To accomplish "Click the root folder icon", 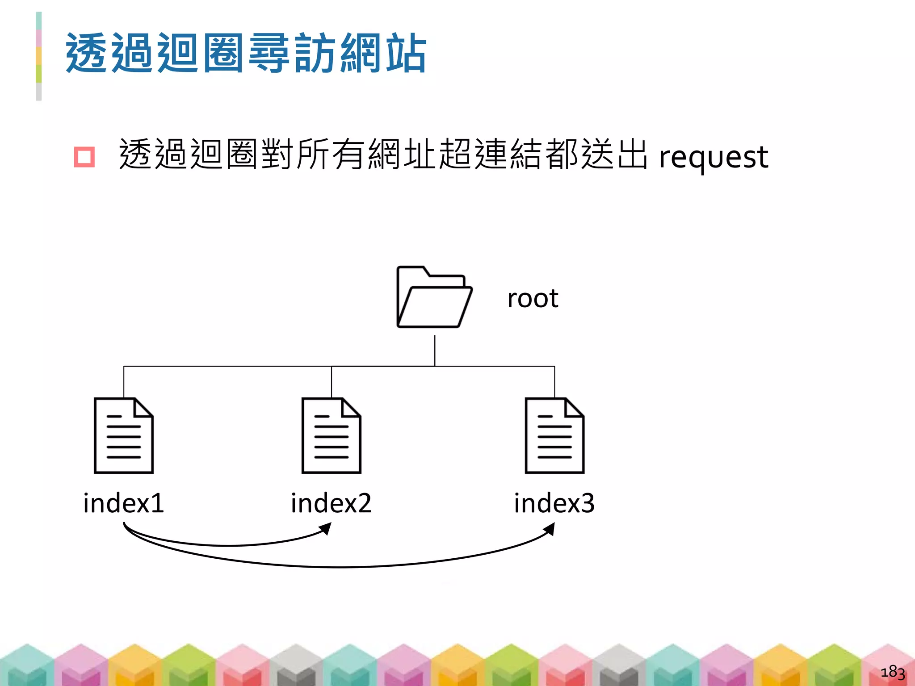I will coord(434,297).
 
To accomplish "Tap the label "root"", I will coord(533,298).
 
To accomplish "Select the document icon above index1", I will coord(124,435).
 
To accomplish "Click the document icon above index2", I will coord(331,435).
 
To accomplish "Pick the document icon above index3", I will coord(554,435).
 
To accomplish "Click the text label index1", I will coord(124,503).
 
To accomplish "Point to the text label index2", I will coord(331,503).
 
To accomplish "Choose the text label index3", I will coord(554,503).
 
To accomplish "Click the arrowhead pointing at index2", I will coord(326,529).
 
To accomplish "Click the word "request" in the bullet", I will coord(714,157).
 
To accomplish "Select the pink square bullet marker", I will coord(84,157).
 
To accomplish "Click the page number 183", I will coord(892,672).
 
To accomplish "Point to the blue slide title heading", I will coord(246,53).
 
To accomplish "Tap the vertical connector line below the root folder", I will coord(435,351).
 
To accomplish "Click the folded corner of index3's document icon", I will coord(575,407).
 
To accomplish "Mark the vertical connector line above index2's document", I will coord(332,382).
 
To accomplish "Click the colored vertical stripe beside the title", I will coord(39,56).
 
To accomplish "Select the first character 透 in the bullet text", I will coord(135,155).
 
